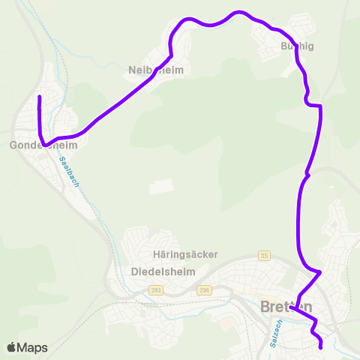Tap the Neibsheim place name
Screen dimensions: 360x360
[155, 70]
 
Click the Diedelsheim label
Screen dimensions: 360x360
[163, 271]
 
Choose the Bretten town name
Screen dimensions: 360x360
[286, 307]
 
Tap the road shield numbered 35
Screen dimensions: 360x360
[263, 255]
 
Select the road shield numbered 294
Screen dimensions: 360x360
[203, 289]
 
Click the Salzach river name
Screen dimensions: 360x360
[275, 331]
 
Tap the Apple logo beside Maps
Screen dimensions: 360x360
[11, 347]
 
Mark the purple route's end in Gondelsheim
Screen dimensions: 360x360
[39, 97]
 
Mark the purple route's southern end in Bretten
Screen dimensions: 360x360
[321, 346]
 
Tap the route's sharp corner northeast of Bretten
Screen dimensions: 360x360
[320, 271]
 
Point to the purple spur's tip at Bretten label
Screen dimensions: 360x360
[291, 307]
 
